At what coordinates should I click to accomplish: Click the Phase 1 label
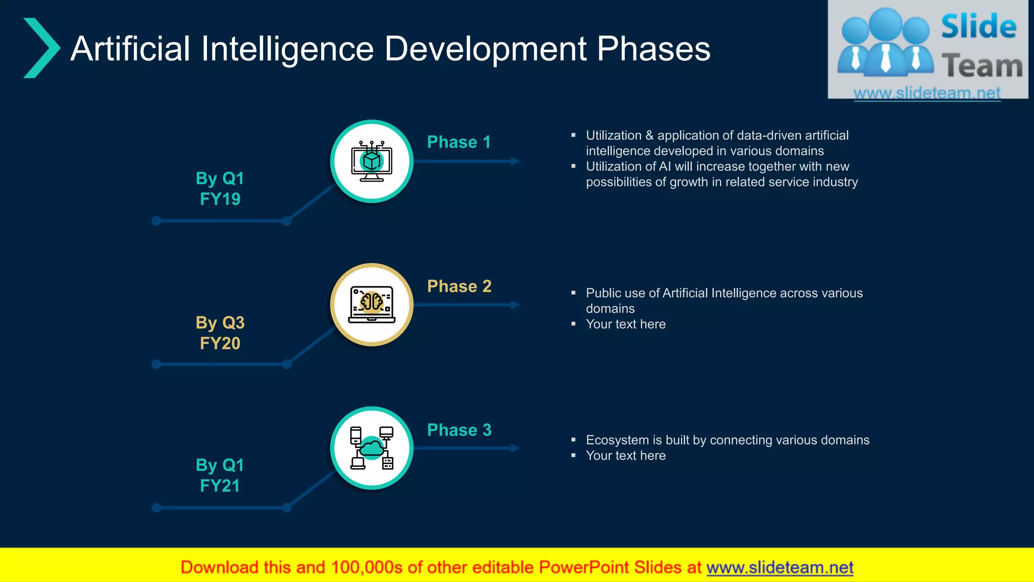[458, 142]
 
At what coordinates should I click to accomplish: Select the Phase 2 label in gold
[459, 286]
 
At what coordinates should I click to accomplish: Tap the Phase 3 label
[459, 430]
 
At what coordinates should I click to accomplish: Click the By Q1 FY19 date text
[220, 188]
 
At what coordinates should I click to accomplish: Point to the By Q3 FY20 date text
[220, 332]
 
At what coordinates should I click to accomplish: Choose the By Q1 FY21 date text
[220, 475]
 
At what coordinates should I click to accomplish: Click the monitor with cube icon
[372, 162]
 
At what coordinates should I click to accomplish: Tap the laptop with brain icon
[372, 305]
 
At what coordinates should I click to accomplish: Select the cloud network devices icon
[372, 448]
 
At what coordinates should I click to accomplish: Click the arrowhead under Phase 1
[515, 161]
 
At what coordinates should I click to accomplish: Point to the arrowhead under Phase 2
[515, 305]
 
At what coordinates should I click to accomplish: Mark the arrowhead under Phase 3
[515, 448]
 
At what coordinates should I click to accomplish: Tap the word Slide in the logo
[978, 26]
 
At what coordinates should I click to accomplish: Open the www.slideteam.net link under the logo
[927, 93]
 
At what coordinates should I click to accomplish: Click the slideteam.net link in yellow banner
[780, 567]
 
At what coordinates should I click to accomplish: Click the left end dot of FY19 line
[157, 221]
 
